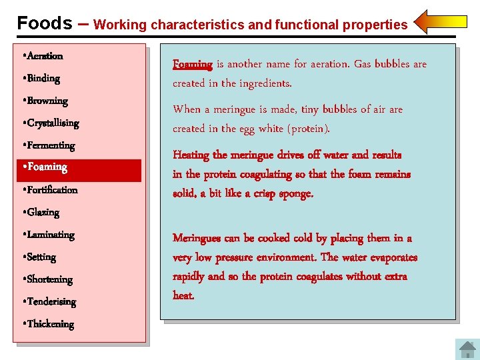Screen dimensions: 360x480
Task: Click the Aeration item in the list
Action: click(x=43, y=56)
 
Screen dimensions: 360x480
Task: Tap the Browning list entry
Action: click(x=46, y=101)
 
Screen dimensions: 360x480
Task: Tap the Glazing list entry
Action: click(x=42, y=213)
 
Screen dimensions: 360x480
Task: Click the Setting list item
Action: click(x=41, y=257)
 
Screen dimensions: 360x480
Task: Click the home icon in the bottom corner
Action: click(x=467, y=349)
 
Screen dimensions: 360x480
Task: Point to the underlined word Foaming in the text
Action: click(x=193, y=65)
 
